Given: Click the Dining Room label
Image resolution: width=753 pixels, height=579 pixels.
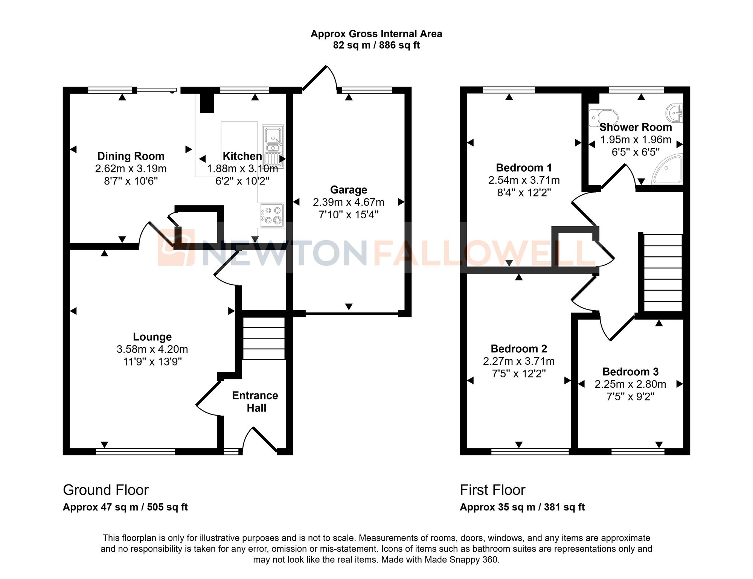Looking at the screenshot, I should [x=131, y=156].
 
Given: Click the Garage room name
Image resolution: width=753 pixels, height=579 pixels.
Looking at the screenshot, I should [x=348, y=190].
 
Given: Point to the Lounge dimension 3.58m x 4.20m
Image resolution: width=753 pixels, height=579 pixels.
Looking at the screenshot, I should [x=152, y=349].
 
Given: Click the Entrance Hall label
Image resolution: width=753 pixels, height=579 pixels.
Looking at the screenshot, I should [x=255, y=402].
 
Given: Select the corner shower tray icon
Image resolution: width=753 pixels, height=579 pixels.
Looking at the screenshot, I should [x=669, y=170].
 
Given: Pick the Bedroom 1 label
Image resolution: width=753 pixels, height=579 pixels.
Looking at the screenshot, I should [x=524, y=168].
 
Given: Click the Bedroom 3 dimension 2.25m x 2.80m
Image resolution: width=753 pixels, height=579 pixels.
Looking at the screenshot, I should [x=630, y=384].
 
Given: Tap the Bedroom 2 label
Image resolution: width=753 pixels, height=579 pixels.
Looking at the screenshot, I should [x=518, y=349].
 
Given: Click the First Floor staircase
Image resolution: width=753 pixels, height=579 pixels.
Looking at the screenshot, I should [x=663, y=273].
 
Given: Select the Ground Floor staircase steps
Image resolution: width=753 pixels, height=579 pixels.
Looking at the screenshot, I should [x=264, y=338].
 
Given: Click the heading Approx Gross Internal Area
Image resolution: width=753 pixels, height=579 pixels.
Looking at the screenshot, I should [x=376, y=34].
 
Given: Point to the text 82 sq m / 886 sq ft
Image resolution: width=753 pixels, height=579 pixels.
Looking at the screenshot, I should [x=376, y=46].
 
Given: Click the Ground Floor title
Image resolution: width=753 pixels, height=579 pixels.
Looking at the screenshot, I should [x=106, y=490].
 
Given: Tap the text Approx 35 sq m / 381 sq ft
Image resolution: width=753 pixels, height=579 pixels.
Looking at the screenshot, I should [x=522, y=507].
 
